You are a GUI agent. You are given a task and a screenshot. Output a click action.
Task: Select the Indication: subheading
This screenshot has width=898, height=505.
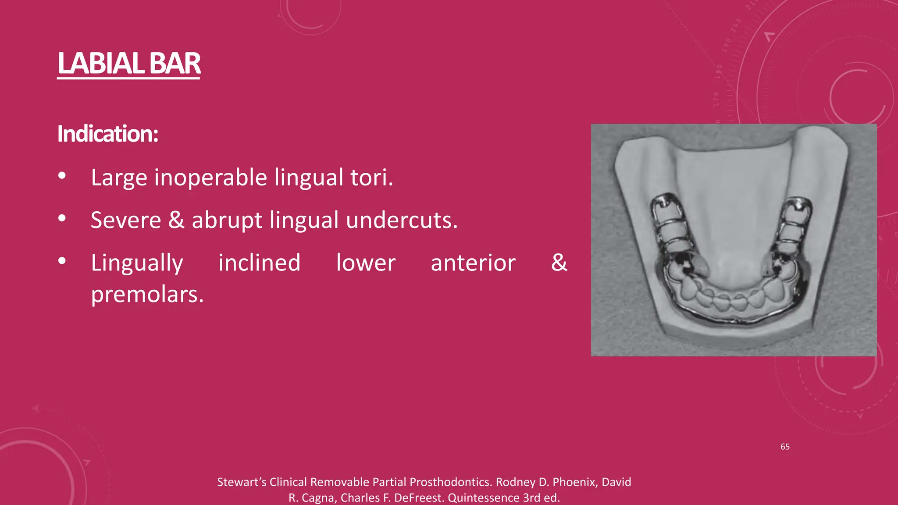point(107,134)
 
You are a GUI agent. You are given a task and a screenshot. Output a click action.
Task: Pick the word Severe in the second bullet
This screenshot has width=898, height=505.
point(126,220)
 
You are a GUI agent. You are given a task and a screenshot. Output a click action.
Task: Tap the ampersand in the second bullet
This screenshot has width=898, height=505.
point(176,220)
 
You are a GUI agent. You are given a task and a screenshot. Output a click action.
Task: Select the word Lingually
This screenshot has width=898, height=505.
point(137,263)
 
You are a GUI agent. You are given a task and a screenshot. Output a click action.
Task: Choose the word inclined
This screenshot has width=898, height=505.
point(259,263)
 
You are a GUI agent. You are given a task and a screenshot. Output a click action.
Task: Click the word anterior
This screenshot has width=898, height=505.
point(473,263)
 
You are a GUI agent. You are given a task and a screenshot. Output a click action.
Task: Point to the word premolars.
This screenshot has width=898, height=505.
point(147,294)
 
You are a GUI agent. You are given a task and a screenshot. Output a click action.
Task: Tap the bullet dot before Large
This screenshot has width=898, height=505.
point(62,176)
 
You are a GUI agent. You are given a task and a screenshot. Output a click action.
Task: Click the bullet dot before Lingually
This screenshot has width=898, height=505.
point(62,261)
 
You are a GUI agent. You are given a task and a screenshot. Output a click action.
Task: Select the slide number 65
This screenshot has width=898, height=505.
point(785,447)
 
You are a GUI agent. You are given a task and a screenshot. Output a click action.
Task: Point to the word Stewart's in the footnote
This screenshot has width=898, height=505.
point(242,482)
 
